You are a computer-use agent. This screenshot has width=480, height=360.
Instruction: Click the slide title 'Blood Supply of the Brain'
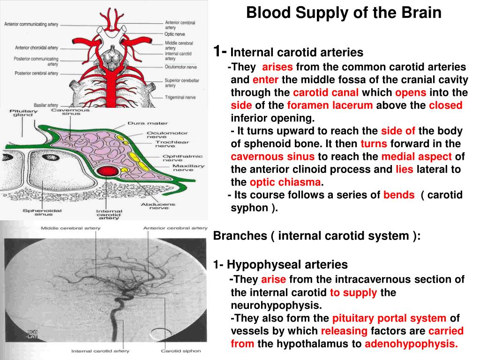tap(344, 13)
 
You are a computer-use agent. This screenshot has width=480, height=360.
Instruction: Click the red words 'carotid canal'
tap(326, 92)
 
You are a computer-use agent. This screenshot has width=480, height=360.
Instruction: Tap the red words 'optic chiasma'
tap(285, 182)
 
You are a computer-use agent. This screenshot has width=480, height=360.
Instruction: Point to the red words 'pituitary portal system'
tap(389, 318)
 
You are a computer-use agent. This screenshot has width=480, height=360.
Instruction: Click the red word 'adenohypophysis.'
tap(411, 344)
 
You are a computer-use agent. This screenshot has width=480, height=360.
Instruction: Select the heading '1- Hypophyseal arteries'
tap(280, 265)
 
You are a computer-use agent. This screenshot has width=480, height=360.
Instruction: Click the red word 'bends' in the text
tap(398, 195)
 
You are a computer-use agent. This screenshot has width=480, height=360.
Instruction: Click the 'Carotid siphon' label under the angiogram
tap(180, 351)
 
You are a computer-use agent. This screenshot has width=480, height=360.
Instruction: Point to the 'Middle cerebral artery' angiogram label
tap(69, 228)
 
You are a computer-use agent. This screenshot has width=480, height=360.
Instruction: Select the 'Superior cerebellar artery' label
tap(181, 83)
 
